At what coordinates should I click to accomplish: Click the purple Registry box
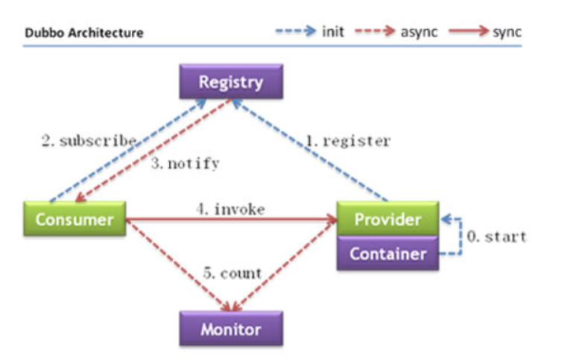[x=231, y=81]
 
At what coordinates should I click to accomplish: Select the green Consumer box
[x=75, y=219]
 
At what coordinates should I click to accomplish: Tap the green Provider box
[x=387, y=219]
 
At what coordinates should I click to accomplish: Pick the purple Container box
[x=387, y=253]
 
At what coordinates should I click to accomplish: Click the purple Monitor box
[x=231, y=329]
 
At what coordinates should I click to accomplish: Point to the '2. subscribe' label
[x=89, y=141]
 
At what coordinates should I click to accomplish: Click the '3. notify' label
[x=186, y=163]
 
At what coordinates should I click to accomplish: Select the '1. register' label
[x=348, y=141]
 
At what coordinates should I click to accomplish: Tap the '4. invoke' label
[x=231, y=209]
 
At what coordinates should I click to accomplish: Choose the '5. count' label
[x=232, y=274]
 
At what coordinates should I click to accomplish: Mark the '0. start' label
[x=496, y=236]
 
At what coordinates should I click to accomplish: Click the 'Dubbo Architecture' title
[x=84, y=33]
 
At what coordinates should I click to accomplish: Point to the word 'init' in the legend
[x=333, y=32]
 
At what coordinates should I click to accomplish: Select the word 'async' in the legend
[x=419, y=32]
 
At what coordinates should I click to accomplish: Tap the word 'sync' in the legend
[x=507, y=33]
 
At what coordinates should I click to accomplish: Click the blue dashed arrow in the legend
[x=296, y=31]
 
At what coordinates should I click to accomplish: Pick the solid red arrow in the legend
[x=469, y=31]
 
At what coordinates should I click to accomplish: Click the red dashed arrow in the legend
[x=375, y=31]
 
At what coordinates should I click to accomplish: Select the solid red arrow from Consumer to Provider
[x=232, y=220]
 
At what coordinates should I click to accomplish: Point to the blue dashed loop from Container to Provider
[x=461, y=236]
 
